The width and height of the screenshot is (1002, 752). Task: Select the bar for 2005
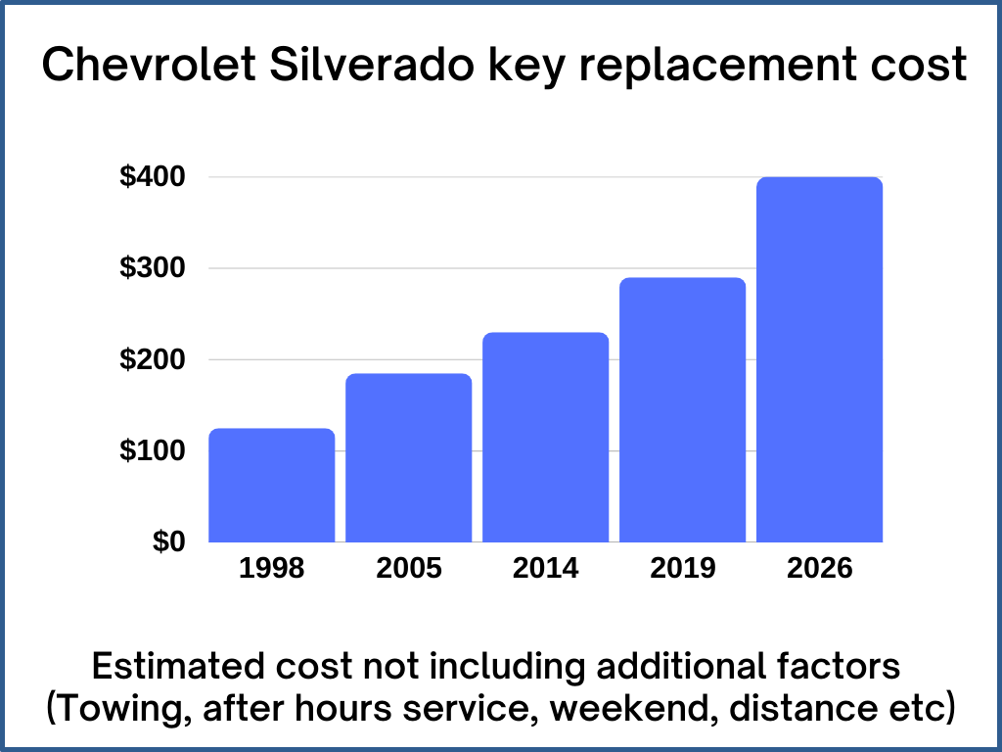point(409,457)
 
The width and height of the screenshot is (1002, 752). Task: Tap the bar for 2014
point(546,437)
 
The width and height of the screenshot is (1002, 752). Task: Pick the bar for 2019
point(683,409)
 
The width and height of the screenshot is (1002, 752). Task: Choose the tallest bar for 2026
point(820,359)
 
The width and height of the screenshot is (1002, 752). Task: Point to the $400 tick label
point(152,177)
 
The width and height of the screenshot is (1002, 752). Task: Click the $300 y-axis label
point(152,268)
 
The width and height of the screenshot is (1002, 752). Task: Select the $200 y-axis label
point(152,359)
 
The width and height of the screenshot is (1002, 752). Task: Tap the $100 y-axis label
point(152,451)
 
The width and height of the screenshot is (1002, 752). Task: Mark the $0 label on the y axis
point(167,541)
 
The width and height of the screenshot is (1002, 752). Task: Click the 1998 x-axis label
point(272,569)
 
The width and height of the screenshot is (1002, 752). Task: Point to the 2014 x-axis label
point(546,569)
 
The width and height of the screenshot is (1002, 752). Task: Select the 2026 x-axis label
point(820,569)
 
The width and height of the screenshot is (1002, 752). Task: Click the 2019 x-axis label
point(683,569)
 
